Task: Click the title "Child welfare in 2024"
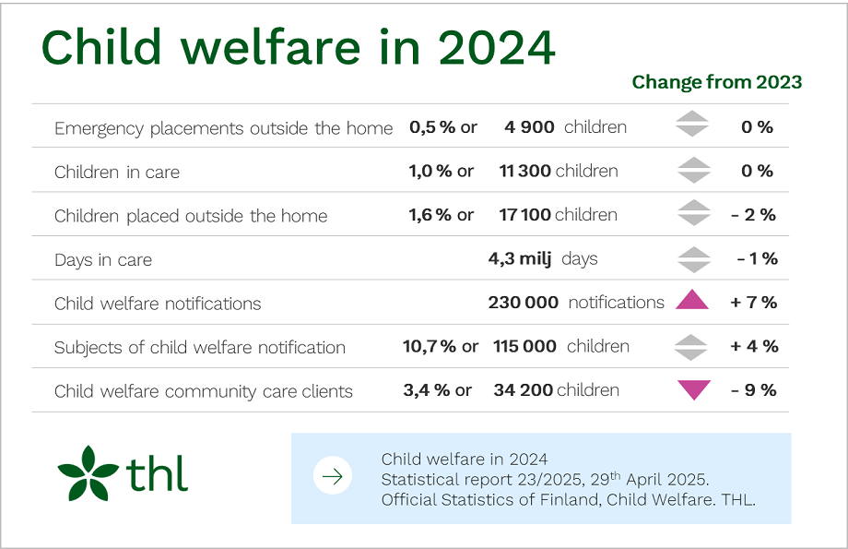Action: pyautogui.click(x=298, y=47)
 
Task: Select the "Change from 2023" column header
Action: pyautogui.click(x=716, y=82)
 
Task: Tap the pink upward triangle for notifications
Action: pyautogui.click(x=692, y=300)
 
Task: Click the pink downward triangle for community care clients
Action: pyautogui.click(x=692, y=389)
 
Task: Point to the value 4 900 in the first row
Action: pyautogui.click(x=529, y=127)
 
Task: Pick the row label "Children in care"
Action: pyautogui.click(x=117, y=172)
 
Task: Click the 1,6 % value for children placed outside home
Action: pyautogui.click(x=430, y=215)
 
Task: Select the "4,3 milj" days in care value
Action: pyautogui.click(x=519, y=259)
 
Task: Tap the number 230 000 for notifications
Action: pyautogui.click(x=523, y=303)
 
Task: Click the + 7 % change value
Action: pyautogui.click(x=753, y=303)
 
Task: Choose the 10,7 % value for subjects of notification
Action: pyautogui.click(x=430, y=347)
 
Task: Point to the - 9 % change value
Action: pyautogui.click(x=753, y=390)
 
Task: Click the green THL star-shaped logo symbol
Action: pyautogui.click(x=88, y=473)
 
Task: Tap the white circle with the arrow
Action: pyautogui.click(x=333, y=476)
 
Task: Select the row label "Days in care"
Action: pyautogui.click(x=103, y=260)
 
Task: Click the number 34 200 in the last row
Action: pyautogui.click(x=523, y=390)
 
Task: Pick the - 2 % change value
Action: pyautogui.click(x=753, y=215)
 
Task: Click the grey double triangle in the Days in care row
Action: pyautogui.click(x=692, y=259)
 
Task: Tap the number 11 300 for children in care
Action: pyautogui.click(x=524, y=172)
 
